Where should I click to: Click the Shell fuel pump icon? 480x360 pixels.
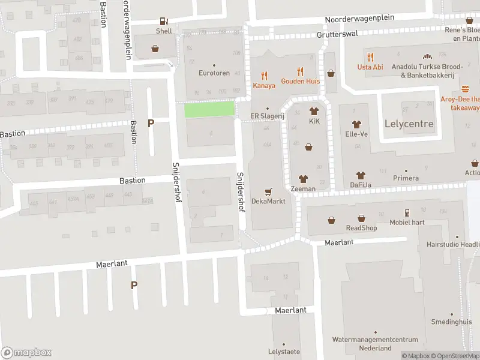pos(164,22)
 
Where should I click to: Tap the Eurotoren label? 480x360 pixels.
pos(214,73)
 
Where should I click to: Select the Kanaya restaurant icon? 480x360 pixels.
pos(263,76)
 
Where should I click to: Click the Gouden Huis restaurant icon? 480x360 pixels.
pos(300,71)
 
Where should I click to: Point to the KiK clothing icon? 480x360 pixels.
pos(314,111)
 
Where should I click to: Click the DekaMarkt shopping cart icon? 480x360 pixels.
pos(268,192)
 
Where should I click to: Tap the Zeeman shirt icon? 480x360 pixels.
pos(302,179)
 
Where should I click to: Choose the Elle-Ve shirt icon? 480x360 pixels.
pos(356,124)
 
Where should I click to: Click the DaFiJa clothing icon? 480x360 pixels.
pos(361,175)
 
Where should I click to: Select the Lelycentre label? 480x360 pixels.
pos(408,124)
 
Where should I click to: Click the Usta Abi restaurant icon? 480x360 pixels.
pos(370,58)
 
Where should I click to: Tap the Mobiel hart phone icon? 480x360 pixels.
pos(407,212)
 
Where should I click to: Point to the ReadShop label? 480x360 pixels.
pos(361,228)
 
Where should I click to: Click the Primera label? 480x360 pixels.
pos(406,178)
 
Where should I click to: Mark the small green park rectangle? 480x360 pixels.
pos(208,109)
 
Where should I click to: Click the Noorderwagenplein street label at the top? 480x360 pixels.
pos(359,19)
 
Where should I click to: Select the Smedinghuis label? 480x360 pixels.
pos(452,322)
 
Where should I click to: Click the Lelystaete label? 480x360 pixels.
pos(284,352)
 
